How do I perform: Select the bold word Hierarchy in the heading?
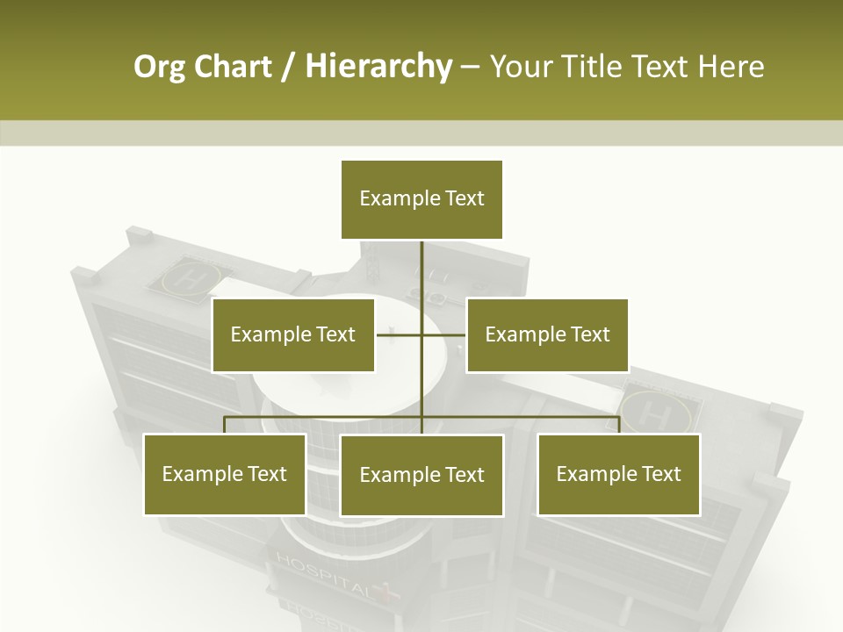378,67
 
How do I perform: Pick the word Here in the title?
731,67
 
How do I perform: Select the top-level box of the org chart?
421,199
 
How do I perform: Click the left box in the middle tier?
293,334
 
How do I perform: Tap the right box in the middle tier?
547,334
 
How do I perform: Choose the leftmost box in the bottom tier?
224,474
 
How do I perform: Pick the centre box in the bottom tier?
421,475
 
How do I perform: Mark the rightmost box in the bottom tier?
618,474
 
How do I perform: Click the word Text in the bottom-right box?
661,474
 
